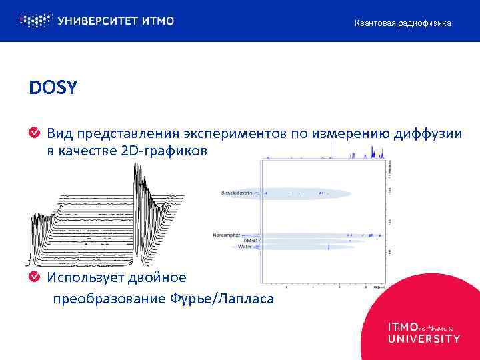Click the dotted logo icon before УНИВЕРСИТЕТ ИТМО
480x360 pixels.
[x=33, y=21]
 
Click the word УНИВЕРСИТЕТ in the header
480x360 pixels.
[x=97, y=21]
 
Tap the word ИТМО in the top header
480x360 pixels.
[x=158, y=21]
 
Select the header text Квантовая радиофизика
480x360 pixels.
[x=402, y=23]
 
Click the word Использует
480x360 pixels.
[x=81, y=276]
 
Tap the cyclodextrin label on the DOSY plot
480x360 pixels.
[x=239, y=193]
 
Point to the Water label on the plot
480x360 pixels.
[x=245, y=247]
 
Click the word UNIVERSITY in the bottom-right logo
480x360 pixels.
[x=423, y=339]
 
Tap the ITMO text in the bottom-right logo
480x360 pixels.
[x=403, y=327]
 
